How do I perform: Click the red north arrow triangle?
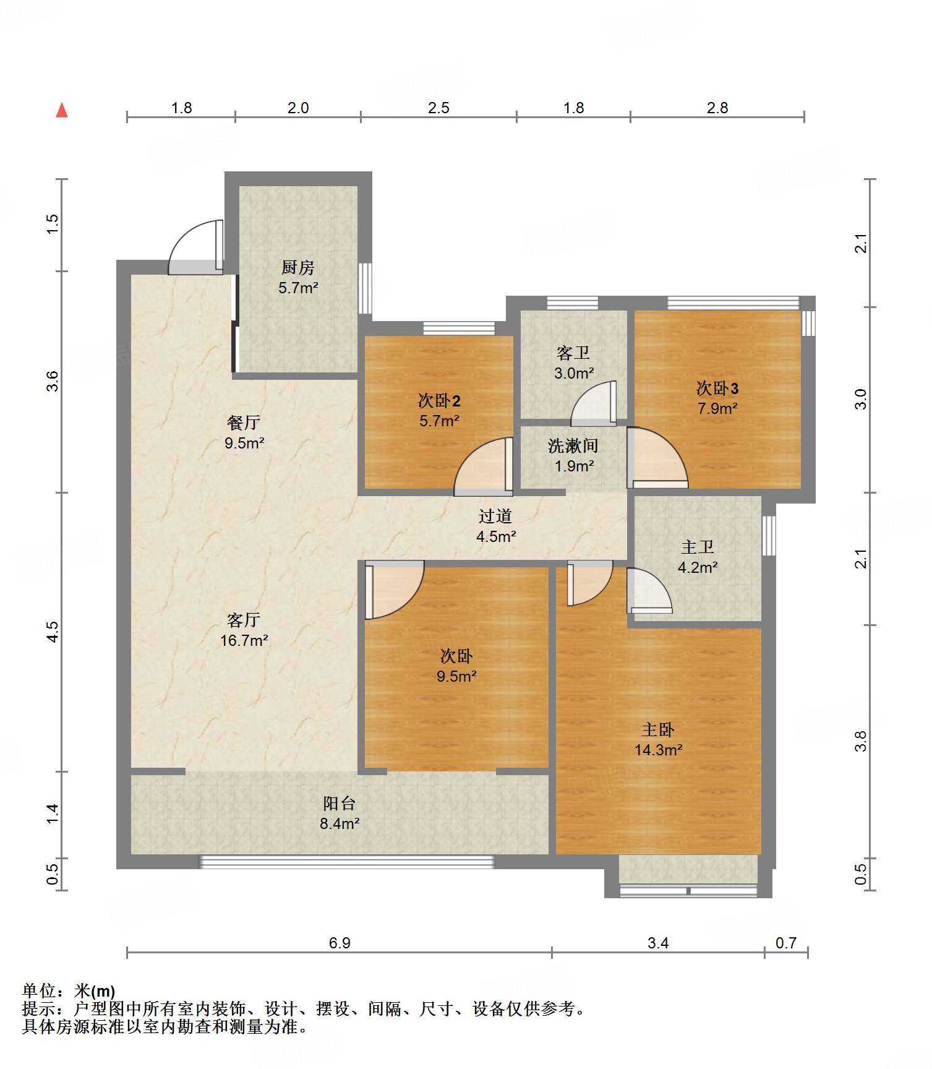(x=62, y=110)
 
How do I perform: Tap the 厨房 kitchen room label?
(x=298, y=267)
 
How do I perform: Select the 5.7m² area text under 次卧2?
(x=439, y=421)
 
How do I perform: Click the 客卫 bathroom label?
(x=573, y=353)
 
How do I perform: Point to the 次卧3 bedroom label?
(x=717, y=388)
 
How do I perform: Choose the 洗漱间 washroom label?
(x=573, y=445)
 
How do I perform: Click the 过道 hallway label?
(x=495, y=516)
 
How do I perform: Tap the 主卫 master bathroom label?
(x=698, y=547)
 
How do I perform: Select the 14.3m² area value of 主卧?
(x=658, y=750)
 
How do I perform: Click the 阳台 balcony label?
(x=340, y=803)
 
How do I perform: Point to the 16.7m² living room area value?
(x=244, y=640)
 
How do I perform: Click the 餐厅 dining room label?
(x=244, y=423)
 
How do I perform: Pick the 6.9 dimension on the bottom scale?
(x=340, y=943)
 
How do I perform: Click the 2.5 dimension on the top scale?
(x=438, y=108)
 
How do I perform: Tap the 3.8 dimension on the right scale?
(x=860, y=741)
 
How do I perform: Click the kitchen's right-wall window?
(x=366, y=288)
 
